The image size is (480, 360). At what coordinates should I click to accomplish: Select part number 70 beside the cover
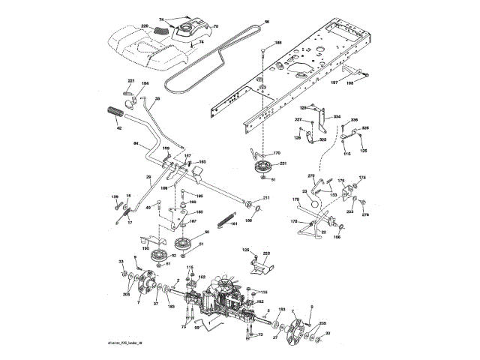215,28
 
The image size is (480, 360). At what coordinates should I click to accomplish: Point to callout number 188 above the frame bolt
279,43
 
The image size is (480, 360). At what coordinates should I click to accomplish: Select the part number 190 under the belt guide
145,248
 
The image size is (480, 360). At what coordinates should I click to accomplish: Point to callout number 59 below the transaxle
197,327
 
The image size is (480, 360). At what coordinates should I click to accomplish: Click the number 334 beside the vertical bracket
337,117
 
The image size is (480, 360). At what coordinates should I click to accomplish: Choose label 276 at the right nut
365,216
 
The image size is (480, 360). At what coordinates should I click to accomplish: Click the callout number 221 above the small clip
130,80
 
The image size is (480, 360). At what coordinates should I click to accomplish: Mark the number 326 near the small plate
365,128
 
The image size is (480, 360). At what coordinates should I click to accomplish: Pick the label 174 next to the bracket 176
362,178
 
